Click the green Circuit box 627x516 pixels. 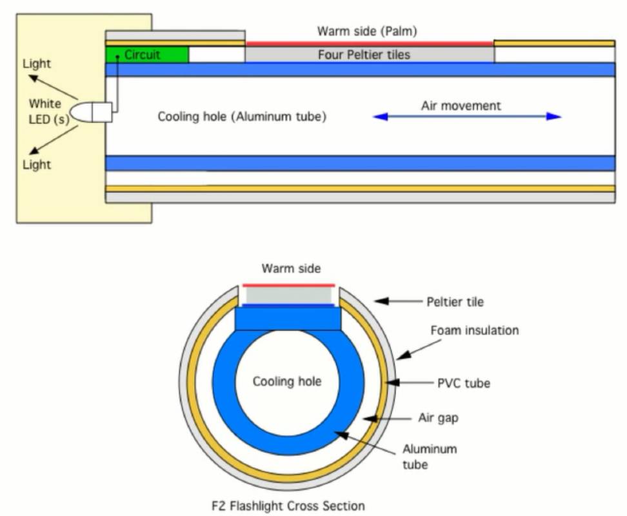pyautogui.click(x=147, y=55)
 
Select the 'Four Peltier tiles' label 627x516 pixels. pyautogui.click(x=364, y=55)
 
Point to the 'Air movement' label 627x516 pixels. pyautogui.click(x=461, y=106)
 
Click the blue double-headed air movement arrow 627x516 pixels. pyautogui.click(x=467, y=117)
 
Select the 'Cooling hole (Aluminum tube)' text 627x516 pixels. pyautogui.click(x=242, y=117)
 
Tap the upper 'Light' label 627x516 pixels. pyautogui.click(x=37, y=64)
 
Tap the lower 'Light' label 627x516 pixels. pyautogui.click(x=37, y=164)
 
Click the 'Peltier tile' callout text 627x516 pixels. pyautogui.click(x=455, y=301)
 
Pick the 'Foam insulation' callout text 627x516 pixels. pyautogui.click(x=474, y=330)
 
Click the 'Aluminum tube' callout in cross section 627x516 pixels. pyautogui.click(x=430, y=455)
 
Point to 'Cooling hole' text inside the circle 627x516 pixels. pyautogui.click(x=287, y=382)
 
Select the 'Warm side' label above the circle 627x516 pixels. pyautogui.click(x=291, y=268)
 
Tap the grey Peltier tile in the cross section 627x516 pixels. pyautogui.click(x=288, y=295)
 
